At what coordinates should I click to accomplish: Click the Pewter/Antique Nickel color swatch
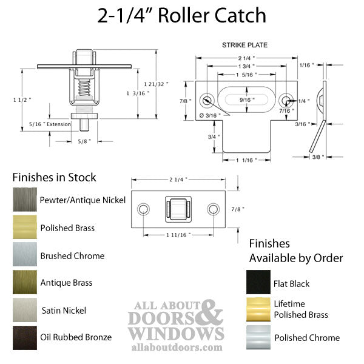pos(24,200)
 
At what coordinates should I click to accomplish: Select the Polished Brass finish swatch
pos(24,227)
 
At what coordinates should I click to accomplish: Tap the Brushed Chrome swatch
pos(24,255)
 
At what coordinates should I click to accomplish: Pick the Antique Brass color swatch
pos(24,283)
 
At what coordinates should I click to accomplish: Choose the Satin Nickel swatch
pos(24,310)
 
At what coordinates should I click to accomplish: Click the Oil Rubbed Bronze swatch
pos(24,337)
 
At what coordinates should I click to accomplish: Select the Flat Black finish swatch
pos(258,283)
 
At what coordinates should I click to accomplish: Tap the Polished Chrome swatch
pos(258,337)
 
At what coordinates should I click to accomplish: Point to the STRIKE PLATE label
pos(244,45)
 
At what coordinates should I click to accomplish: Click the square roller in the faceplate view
pos(178,209)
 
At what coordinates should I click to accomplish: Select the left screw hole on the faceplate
pos(143,209)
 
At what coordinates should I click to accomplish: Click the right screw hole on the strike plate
pos(285,99)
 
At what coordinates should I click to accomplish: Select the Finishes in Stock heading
pos(55,178)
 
